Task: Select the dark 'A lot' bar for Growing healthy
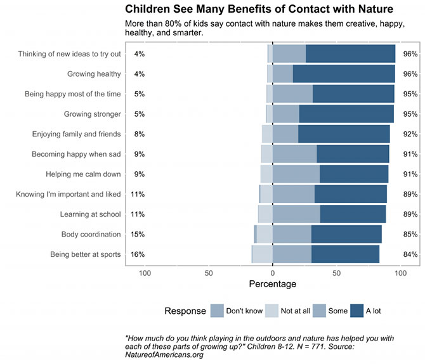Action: [x=344, y=74]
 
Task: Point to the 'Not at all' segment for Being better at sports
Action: [x=262, y=254]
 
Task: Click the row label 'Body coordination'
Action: [x=91, y=235]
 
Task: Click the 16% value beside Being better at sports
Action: [x=138, y=254]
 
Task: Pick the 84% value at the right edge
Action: [x=410, y=254]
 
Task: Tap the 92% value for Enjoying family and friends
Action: [x=410, y=134]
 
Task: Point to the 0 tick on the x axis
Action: [x=273, y=273]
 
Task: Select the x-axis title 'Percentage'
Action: [x=273, y=284]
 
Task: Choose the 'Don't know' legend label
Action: [x=244, y=311]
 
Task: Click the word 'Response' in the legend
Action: [x=185, y=311]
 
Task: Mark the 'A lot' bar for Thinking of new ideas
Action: [x=350, y=54]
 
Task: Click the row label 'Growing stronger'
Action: [x=92, y=114]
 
